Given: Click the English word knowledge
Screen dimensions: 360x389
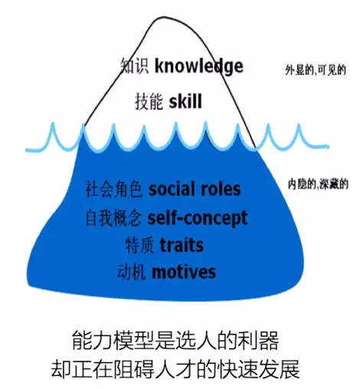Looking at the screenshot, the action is pyautogui.click(x=199, y=67).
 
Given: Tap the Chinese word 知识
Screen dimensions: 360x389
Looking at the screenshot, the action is pyautogui.click(x=135, y=66).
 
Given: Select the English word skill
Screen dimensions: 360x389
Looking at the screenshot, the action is pyautogui.click(x=185, y=101).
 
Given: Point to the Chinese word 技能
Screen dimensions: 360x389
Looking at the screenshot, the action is pyautogui.click(x=149, y=101).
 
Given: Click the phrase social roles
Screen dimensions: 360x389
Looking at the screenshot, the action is pyautogui.click(x=195, y=189).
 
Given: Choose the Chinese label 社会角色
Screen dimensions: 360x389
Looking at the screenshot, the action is pyautogui.click(x=114, y=189).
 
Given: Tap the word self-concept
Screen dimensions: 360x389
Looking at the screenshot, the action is pyautogui.click(x=198, y=218).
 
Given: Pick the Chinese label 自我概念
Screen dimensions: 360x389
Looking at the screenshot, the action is pyautogui.click(x=113, y=218).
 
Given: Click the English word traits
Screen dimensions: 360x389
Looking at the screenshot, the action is pyautogui.click(x=182, y=245).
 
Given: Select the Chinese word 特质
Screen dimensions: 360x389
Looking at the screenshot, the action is pyautogui.click(x=139, y=245).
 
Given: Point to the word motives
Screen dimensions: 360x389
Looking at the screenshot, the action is pyautogui.click(x=184, y=272).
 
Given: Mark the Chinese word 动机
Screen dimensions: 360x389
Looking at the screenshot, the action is pyautogui.click(x=132, y=273).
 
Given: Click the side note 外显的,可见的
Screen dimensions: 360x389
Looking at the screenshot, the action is pyautogui.click(x=316, y=70).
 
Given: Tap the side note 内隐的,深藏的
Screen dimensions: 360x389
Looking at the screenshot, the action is pyautogui.click(x=318, y=185).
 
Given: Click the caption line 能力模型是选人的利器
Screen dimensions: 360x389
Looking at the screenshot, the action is pyautogui.click(x=175, y=341).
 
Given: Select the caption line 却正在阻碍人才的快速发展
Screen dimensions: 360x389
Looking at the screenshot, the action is pyautogui.click(x=175, y=369).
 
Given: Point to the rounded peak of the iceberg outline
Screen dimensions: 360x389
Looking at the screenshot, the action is pyautogui.click(x=163, y=18).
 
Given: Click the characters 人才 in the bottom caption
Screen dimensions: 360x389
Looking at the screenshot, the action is pyautogui.click(x=175, y=369).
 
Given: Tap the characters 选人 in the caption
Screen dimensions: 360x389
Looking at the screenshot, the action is pyautogui.click(x=196, y=341).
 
